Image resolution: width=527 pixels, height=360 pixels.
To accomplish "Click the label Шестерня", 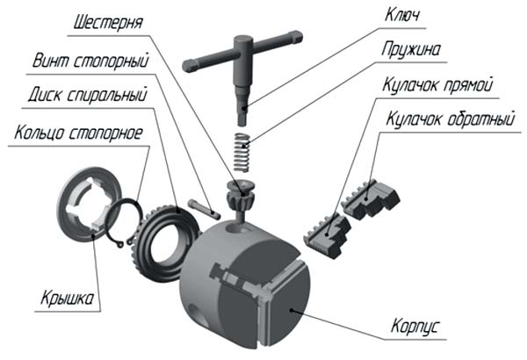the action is tap(108, 23).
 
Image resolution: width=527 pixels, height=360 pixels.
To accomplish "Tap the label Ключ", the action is tap(402, 15).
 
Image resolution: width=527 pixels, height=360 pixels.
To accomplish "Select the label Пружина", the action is tap(411, 50).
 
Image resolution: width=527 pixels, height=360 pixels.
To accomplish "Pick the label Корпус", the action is tap(415, 326).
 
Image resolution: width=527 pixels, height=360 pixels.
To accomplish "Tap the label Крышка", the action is tap(68, 298).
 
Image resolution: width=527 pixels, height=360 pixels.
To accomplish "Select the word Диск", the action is tap(45, 95).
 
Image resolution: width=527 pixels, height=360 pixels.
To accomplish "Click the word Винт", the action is tap(50, 61).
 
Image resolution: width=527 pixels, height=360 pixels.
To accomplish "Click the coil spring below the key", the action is tap(242, 152).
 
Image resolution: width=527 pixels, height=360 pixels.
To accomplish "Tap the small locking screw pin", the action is tap(205, 209).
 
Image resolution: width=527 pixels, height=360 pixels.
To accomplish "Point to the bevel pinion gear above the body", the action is tap(240, 196).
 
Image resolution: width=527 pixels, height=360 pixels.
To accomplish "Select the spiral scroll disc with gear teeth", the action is tap(166, 244).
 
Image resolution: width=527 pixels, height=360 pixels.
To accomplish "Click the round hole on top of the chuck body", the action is tap(239, 228).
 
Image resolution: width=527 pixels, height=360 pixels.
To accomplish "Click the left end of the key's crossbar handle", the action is tap(188, 66).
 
